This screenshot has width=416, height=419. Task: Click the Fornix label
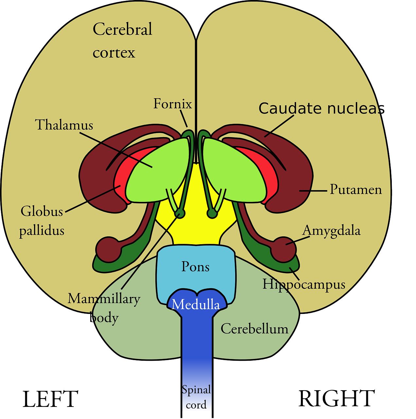pyautogui.click(x=173, y=104)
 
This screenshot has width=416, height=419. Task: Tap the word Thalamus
pyautogui.click(x=64, y=125)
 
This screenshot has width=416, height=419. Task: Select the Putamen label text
pyautogui.click(x=355, y=190)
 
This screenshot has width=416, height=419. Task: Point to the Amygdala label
pyautogui.click(x=331, y=231)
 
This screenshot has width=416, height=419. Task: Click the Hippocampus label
pyautogui.click(x=304, y=284)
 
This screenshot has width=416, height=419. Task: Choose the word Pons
pyautogui.click(x=195, y=267)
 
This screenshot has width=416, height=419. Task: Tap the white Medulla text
pyautogui.click(x=196, y=305)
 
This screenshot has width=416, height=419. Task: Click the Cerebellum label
pyautogui.click(x=254, y=329)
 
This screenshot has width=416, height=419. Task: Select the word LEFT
pyautogui.click(x=50, y=399)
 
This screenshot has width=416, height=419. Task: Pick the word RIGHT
pyautogui.click(x=337, y=399)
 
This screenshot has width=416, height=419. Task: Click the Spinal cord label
pyautogui.click(x=196, y=397)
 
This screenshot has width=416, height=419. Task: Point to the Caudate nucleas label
pyautogui.click(x=321, y=109)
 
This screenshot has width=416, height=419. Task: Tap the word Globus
pyautogui.click(x=42, y=211)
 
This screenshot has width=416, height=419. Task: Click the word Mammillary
pyautogui.click(x=104, y=299)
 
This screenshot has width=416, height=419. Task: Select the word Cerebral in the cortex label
pyautogui.click(x=122, y=29)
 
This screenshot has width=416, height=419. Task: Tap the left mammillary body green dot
pyautogui.click(x=180, y=213)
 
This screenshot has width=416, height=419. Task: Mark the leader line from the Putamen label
pyautogui.click(x=313, y=190)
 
